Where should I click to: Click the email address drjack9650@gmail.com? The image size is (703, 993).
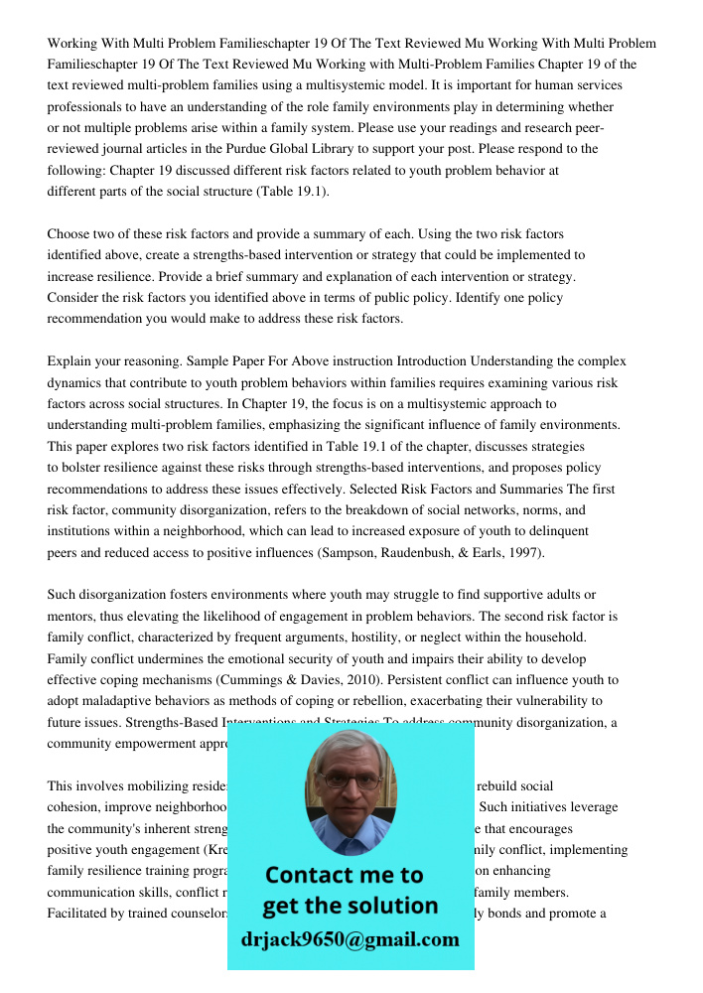351,939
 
